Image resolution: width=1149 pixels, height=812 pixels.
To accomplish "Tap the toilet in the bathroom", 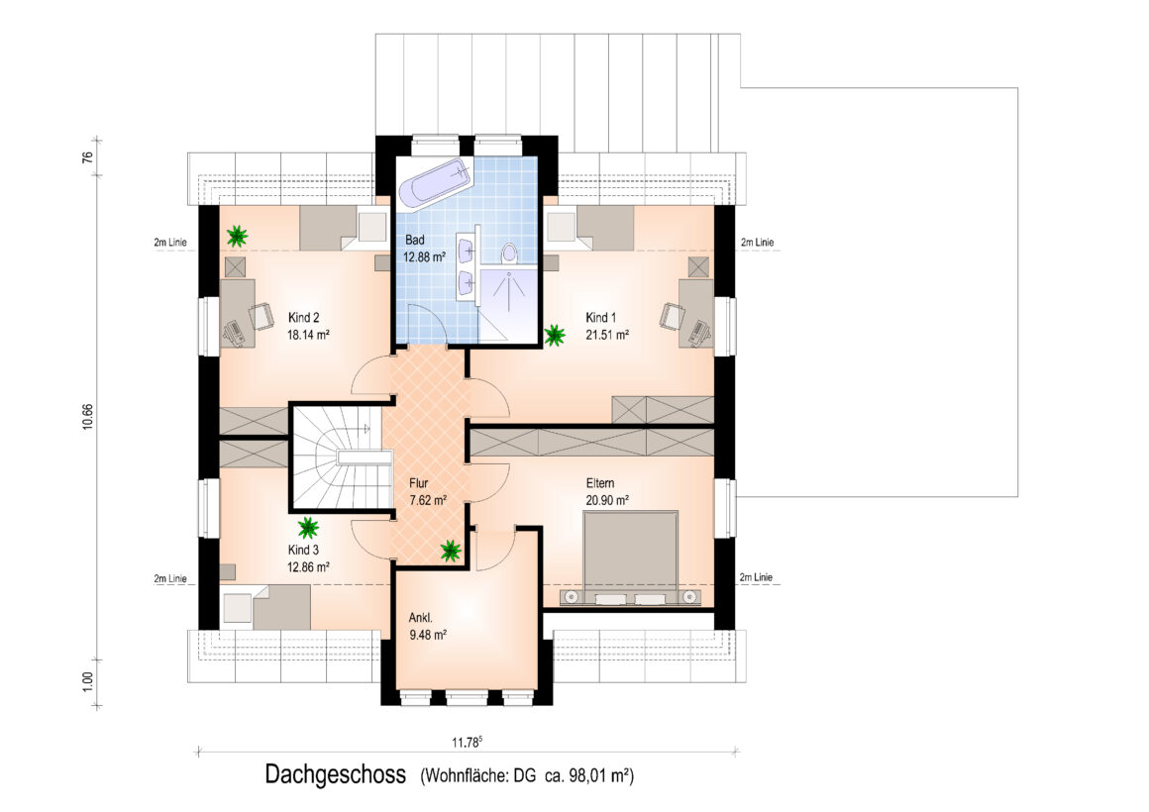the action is tap(509, 253).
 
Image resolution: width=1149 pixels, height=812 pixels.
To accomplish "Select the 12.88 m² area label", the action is tap(424, 257).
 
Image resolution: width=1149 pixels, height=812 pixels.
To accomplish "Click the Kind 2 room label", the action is tap(303, 317).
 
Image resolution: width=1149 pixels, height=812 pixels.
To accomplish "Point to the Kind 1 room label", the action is tap(601, 317).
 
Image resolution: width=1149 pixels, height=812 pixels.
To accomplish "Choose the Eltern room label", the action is tap(600, 483).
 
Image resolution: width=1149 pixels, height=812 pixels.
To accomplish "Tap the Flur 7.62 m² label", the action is tap(427, 492).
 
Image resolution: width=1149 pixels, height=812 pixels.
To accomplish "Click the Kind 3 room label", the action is tap(303, 550).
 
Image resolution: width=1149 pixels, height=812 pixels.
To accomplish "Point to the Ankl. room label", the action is tap(421, 617).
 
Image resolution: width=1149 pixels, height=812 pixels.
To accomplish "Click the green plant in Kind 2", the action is tap(237, 236).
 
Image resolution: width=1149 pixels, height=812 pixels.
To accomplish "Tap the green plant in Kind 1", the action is tap(555, 336).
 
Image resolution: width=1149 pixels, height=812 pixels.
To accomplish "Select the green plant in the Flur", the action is tap(451, 550).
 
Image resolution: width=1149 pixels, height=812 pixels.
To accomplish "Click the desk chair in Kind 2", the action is tap(261, 316).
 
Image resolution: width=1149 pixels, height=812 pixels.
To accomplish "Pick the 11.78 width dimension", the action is tap(467, 743).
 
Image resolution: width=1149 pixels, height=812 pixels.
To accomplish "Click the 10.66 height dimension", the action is tap(88, 416).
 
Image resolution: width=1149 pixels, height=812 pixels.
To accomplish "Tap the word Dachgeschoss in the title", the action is tap(336, 774).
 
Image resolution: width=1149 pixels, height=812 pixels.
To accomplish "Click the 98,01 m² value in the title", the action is tap(597, 775).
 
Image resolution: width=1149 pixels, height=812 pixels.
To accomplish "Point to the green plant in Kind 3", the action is tap(308, 528).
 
